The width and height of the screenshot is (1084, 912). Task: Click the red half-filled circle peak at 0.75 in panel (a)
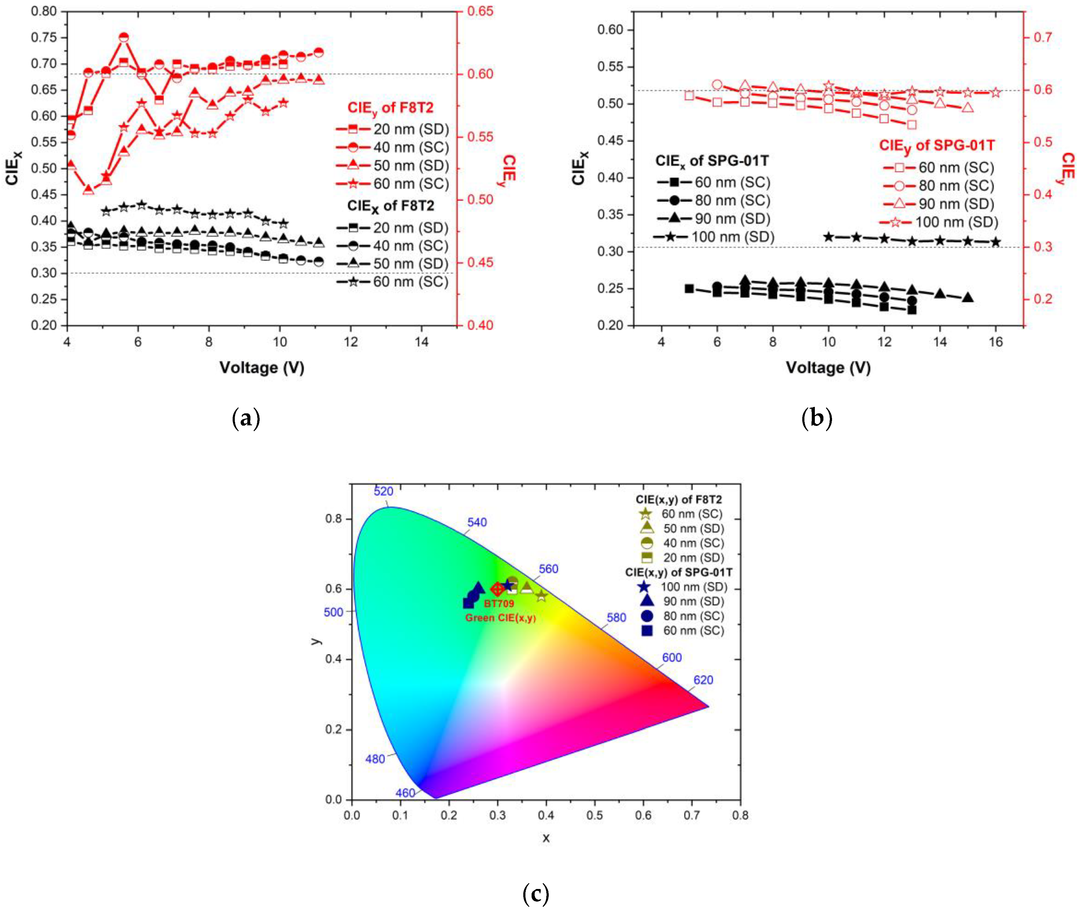(124, 37)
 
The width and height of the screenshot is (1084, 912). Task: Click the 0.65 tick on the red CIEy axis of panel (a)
(480, 11)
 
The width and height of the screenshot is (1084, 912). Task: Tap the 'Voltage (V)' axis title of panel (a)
(262, 368)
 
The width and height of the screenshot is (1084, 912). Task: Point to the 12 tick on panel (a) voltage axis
(351, 342)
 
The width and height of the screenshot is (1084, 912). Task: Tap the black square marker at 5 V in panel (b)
(689, 288)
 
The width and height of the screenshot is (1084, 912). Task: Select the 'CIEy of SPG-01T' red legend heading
(937, 146)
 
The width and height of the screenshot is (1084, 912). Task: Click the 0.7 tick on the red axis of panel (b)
(1043, 37)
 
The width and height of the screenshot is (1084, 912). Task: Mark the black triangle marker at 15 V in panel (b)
(968, 297)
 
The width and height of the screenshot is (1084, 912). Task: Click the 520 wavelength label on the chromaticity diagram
(383, 491)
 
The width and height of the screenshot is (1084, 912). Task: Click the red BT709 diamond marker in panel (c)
(497, 589)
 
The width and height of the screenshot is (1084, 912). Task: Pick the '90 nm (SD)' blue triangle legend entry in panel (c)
(693, 601)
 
